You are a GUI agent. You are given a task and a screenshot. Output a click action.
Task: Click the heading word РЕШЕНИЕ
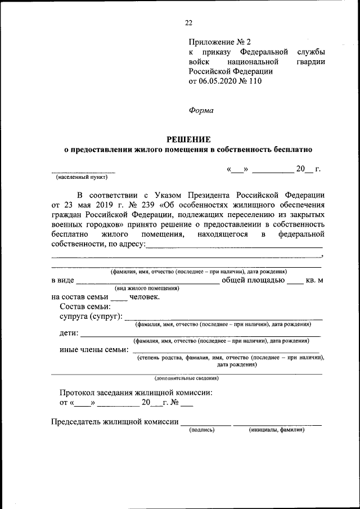click(188, 139)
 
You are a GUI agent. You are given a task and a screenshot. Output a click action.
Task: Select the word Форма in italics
click(201, 110)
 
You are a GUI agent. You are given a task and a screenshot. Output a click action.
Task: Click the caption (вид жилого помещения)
click(147, 288)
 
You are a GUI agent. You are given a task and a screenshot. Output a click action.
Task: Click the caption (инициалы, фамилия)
click(277, 430)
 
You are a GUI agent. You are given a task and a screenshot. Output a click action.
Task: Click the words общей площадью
click(252, 280)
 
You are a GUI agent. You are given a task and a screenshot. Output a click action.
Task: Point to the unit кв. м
click(314, 281)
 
